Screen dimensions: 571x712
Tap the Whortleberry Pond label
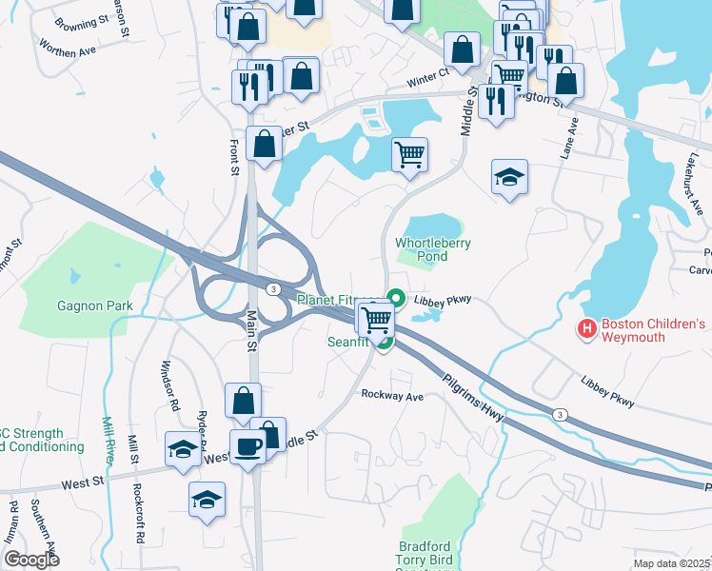point(434,249)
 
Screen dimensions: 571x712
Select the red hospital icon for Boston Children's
point(587,329)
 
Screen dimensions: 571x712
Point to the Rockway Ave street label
point(390,395)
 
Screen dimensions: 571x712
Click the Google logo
point(31,560)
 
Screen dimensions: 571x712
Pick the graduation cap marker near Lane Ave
point(509,176)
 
